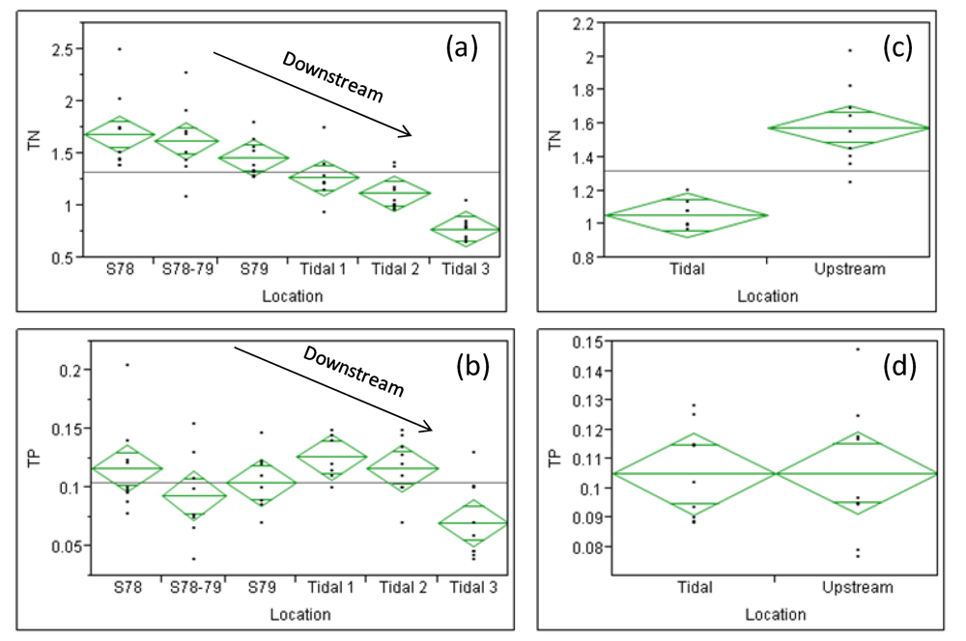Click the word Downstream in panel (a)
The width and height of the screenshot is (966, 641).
click(x=332, y=76)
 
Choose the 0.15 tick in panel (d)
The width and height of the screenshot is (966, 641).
click(x=579, y=342)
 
